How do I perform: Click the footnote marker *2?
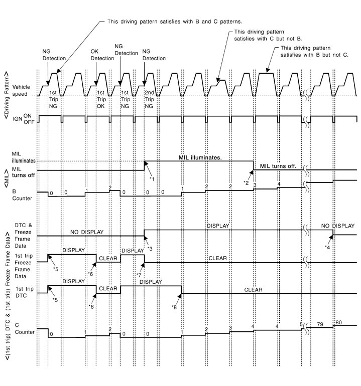click(x=246, y=182)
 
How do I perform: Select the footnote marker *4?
click(x=327, y=247)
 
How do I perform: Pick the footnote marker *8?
click(x=174, y=307)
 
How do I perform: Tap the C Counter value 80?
click(x=338, y=336)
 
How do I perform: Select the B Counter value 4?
click(x=279, y=185)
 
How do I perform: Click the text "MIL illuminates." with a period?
click(x=200, y=157)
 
